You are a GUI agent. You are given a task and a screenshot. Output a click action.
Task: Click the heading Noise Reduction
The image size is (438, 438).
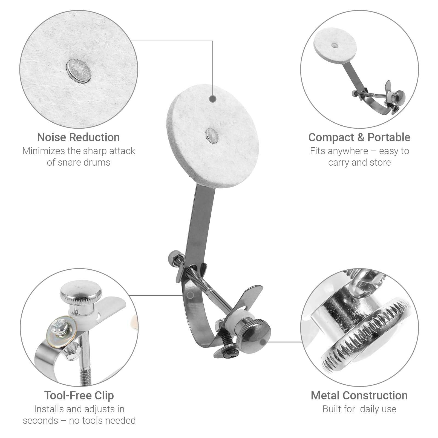[79, 137]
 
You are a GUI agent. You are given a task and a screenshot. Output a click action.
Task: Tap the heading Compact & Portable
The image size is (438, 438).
[359, 137]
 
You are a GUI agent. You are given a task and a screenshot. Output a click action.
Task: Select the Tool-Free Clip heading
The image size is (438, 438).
[79, 396]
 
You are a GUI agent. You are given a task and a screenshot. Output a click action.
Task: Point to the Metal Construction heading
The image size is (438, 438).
[359, 396]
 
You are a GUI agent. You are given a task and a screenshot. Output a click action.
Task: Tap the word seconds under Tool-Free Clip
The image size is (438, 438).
[41, 420]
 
